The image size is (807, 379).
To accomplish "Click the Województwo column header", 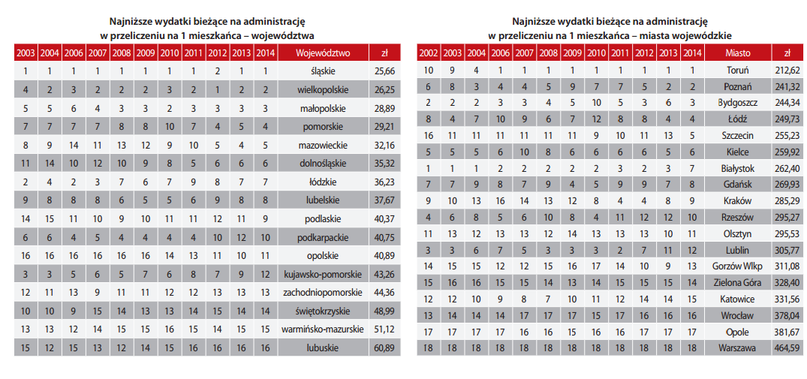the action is click(x=324, y=53).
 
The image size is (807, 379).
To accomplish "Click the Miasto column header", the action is click(x=737, y=53).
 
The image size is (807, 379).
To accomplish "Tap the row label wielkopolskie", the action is click(x=324, y=90).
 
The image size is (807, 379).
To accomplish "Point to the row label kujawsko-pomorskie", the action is click(x=324, y=274).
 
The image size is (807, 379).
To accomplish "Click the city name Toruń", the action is click(x=737, y=71).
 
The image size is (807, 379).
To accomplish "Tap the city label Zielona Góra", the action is click(x=737, y=282).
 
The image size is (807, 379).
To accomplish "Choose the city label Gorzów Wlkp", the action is click(x=737, y=266).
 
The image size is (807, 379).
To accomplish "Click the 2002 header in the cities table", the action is click(x=428, y=53).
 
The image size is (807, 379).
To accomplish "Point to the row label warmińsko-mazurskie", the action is click(x=324, y=329).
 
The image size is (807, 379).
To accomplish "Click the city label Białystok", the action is click(x=737, y=169).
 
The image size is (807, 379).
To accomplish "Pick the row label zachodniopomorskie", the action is click(x=324, y=293).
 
